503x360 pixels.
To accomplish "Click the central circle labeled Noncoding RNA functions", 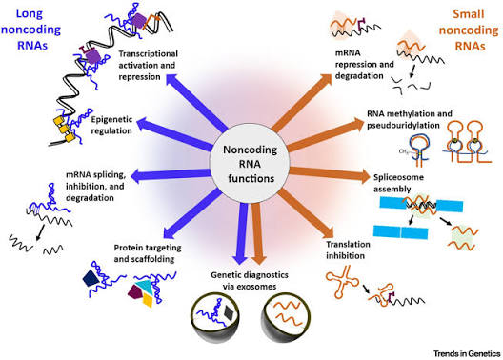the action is coord(250,164).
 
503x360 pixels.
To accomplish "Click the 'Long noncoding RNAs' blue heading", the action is coord(30,30).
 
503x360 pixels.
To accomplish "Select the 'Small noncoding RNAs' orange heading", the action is coord(469,30).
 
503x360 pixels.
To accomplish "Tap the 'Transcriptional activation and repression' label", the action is coord(148,65).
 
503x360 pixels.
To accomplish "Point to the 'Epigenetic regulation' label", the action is coord(111,125).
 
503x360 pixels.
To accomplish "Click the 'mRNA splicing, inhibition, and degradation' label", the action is coord(95,187).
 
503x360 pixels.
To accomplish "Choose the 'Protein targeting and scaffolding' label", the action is coord(148,253).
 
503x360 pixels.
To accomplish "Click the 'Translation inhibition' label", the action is coord(348,250).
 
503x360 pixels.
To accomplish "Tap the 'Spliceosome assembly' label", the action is coord(398,183).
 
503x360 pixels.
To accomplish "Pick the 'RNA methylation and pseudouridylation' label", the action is coord(410,119).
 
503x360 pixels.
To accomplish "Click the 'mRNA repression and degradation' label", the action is coord(365,64).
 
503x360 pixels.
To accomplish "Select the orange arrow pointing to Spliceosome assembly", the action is coord(330,173).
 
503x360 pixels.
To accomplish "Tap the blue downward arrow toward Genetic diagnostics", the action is coord(240,233).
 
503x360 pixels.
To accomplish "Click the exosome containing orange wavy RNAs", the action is coord(287,317).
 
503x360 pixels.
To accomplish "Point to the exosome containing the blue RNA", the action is coord(215,317).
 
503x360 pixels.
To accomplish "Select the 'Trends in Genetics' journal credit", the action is coord(467,353).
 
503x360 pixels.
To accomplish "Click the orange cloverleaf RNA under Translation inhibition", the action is coord(342,282).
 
